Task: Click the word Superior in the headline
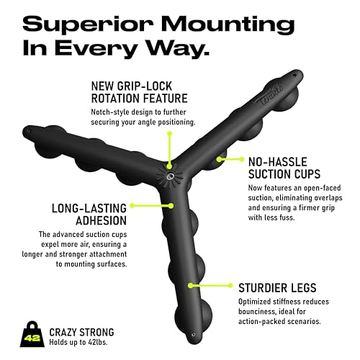point(88,24)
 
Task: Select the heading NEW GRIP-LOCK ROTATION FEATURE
point(139,92)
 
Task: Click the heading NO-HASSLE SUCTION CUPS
point(284,168)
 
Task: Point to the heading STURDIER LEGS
point(277,288)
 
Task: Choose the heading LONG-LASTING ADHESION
point(89,215)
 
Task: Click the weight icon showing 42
point(32,334)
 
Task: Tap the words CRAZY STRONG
point(81,333)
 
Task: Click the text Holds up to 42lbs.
point(78,342)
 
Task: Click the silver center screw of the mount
point(170,176)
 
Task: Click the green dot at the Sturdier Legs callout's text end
point(230,285)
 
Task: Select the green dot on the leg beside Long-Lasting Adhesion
point(171,206)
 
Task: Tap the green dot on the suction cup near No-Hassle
point(219,159)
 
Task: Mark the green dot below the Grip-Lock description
point(170,133)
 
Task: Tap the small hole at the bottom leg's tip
point(194,335)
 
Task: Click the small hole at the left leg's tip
point(30,131)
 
